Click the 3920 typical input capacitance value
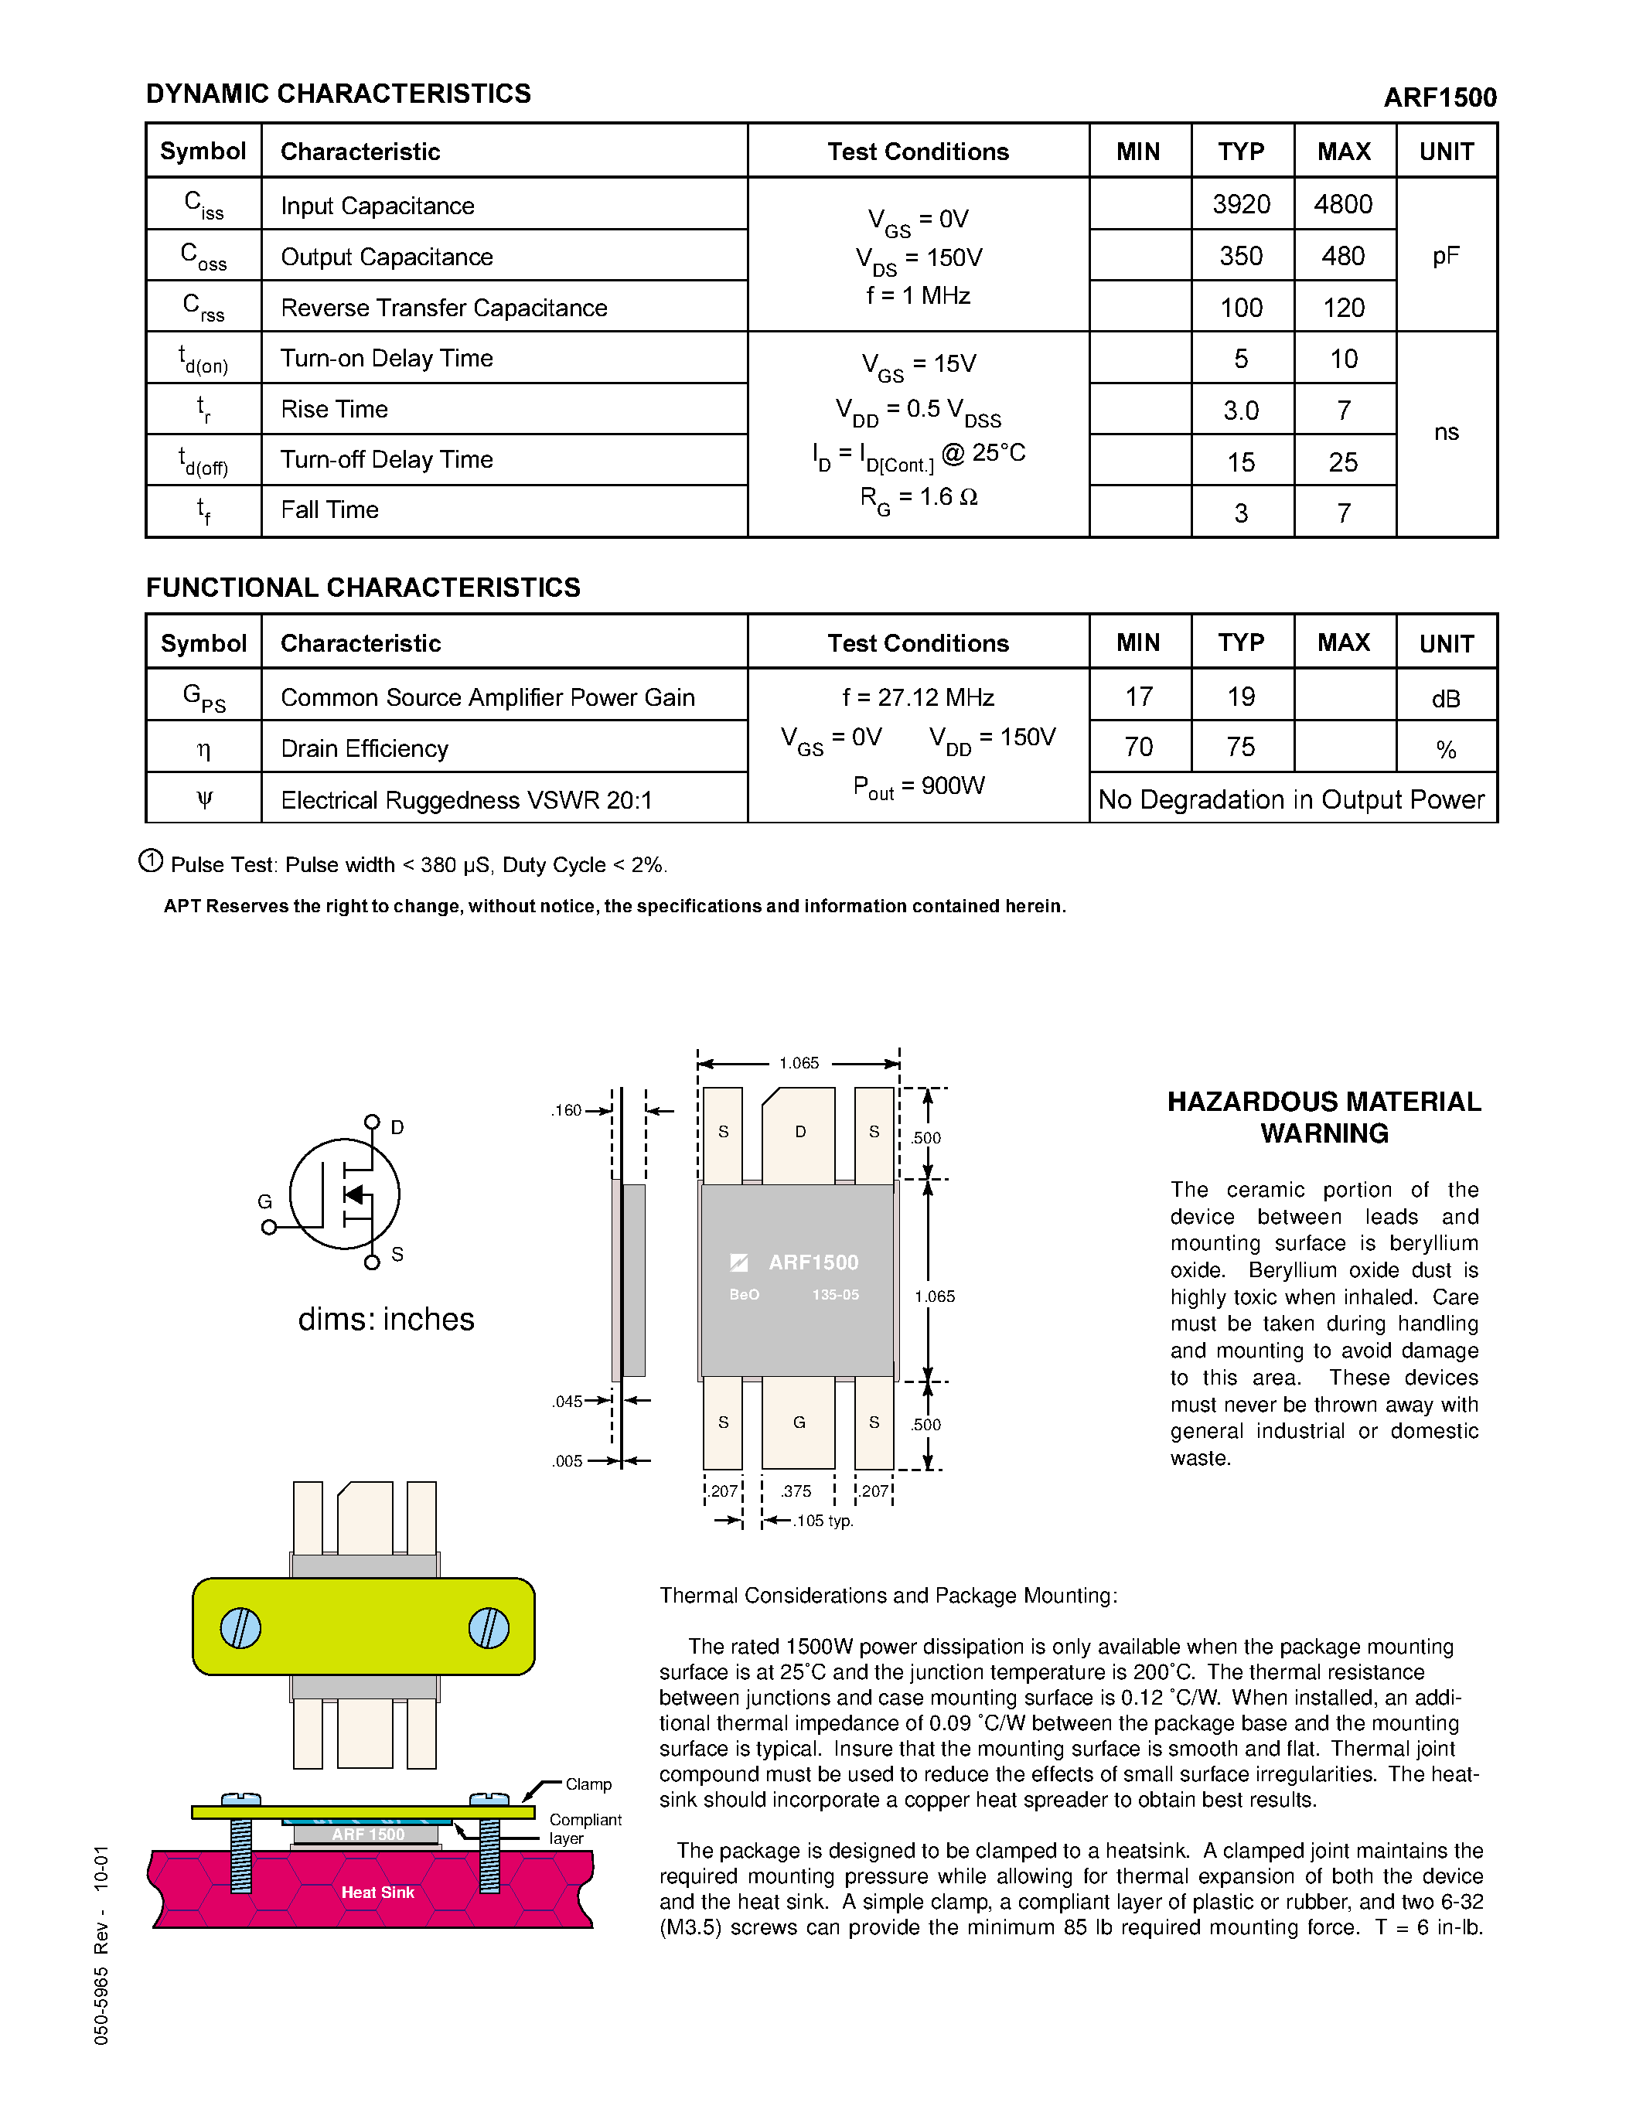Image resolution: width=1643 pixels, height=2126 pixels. (x=1241, y=204)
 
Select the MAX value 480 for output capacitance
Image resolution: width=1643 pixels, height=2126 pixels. (x=1343, y=256)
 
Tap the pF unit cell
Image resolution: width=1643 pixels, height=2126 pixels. (x=1445, y=256)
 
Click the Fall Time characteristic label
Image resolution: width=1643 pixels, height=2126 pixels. (x=329, y=510)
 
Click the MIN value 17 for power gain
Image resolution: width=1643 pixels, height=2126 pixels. (x=1139, y=697)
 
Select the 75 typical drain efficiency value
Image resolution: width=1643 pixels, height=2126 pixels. (x=1241, y=748)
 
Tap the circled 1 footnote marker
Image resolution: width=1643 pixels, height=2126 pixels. (x=151, y=860)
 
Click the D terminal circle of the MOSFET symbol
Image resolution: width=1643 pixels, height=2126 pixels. (x=372, y=1123)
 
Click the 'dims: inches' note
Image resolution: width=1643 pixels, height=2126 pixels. (x=386, y=1319)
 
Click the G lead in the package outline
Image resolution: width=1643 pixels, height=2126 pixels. (x=799, y=1422)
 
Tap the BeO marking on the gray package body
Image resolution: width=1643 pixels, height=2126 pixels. (x=745, y=1295)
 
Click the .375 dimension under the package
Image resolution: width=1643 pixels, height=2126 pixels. (x=796, y=1491)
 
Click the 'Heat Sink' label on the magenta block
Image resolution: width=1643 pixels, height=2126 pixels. (x=377, y=1893)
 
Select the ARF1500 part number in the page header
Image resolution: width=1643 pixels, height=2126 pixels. (x=1440, y=97)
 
